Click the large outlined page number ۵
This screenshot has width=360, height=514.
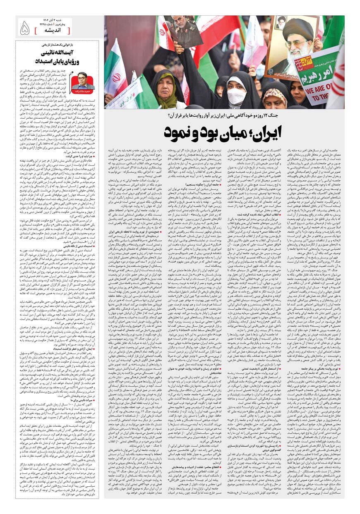[x=24, y=28]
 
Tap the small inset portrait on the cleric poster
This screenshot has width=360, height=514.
[x=281, y=22]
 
